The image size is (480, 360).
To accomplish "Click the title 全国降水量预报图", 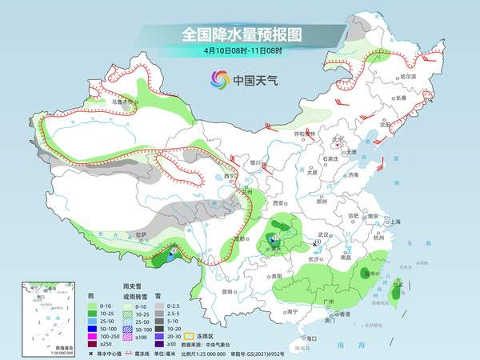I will [241, 34].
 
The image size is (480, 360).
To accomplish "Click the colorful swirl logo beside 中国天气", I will [219, 79].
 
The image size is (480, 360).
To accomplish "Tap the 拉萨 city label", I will [141, 235].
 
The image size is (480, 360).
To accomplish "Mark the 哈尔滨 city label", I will [410, 76].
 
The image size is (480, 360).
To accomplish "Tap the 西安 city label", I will [280, 204].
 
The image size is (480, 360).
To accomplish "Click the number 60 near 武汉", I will [318, 242].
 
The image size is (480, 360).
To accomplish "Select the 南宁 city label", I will [291, 311].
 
